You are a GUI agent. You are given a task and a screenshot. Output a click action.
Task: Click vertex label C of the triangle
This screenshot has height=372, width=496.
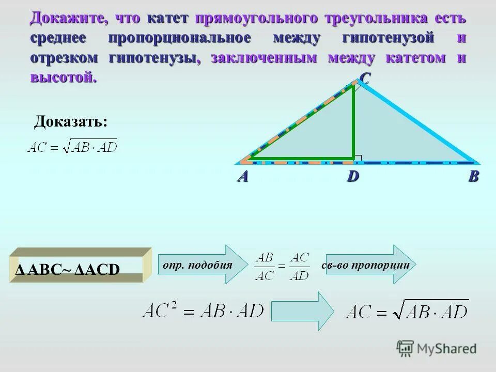pyautogui.click(x=364, y=79)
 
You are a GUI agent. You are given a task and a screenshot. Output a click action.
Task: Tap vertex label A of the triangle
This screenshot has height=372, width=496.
pyautogui.click(x=243, y=177)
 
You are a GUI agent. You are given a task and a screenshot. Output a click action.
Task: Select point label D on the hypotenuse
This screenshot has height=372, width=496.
pyautogui.click(x=352, y=177)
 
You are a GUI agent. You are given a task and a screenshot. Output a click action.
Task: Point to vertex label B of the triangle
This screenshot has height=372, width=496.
pyautogui.click(x=473, y=177)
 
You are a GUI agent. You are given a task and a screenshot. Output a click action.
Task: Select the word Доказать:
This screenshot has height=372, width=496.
pyautogui.click(x=71, y=122)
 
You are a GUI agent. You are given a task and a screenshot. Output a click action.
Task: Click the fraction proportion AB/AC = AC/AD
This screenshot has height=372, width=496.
pyautogui.click(x=282, y=266)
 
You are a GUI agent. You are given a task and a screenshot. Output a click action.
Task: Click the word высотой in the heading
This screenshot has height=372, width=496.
pyautogui.click(x=63, y=78)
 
